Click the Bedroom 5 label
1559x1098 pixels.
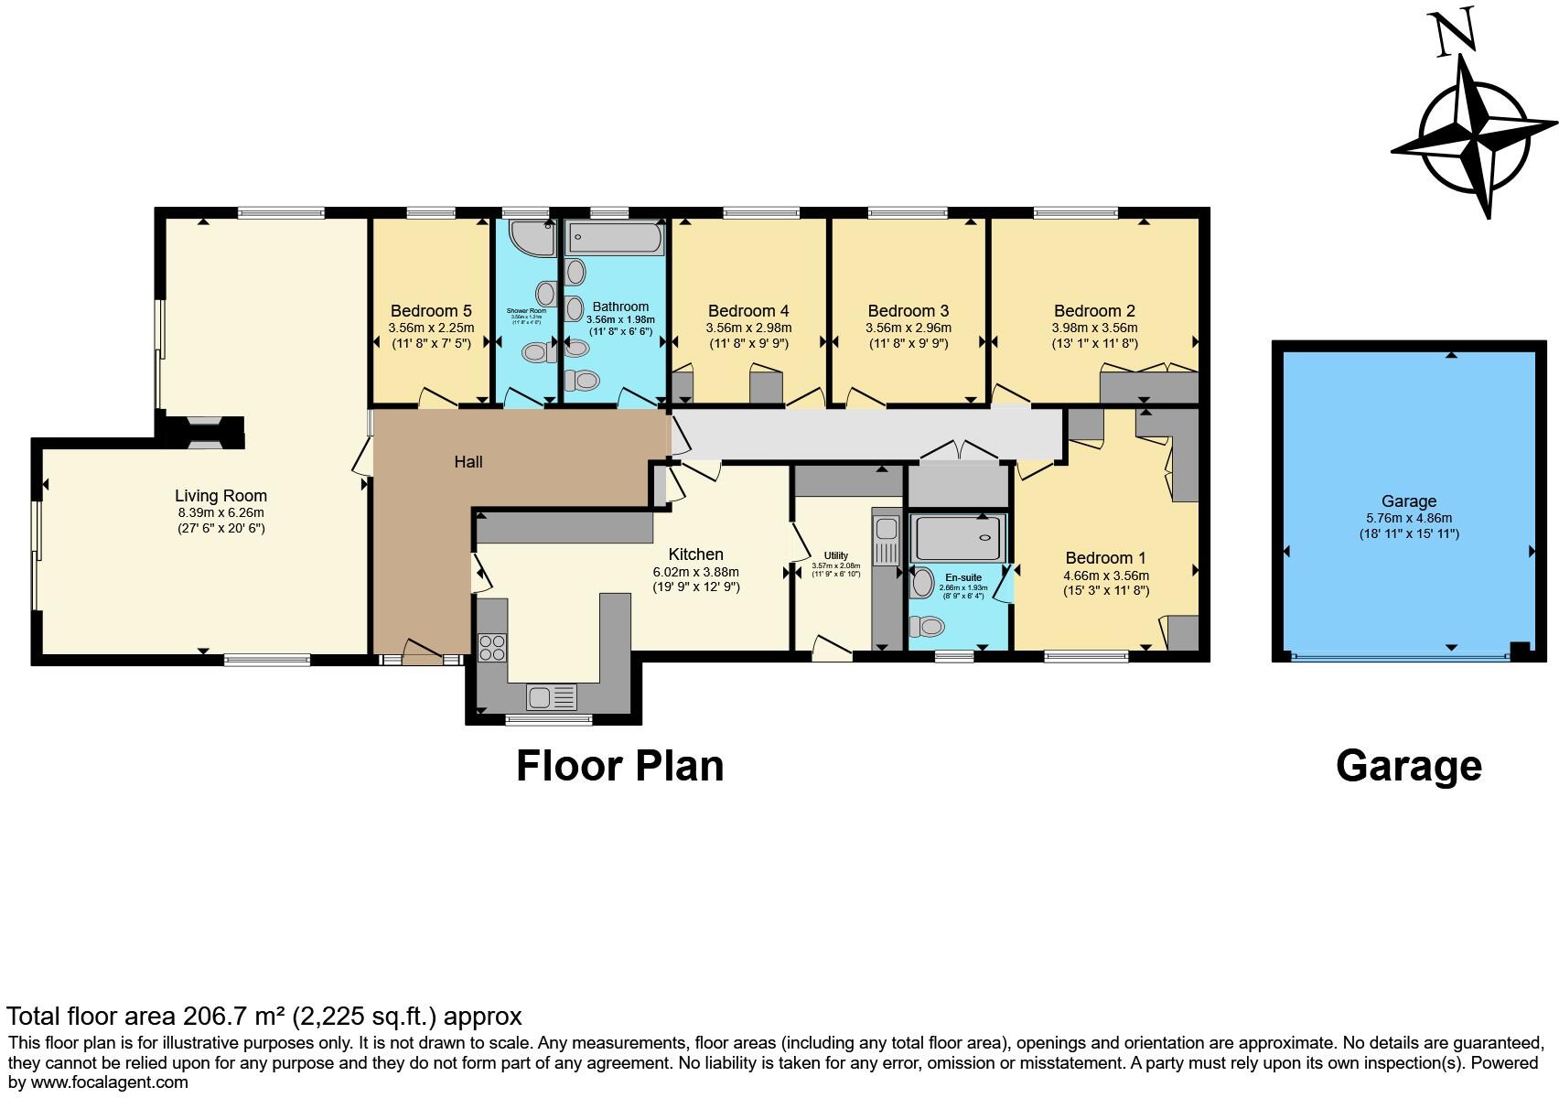[x=431, y=311]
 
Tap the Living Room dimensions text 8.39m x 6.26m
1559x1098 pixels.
[x=220, y=512]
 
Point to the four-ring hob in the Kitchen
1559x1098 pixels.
[x=492, y=647]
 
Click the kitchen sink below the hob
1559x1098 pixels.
[x=552, y=697]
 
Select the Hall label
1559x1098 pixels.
[x=468, y=462]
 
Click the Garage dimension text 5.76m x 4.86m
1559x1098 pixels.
[x=1409, y=518]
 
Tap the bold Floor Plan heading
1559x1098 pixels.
[x=619, y=766]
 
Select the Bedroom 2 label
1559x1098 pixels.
[x=1094, y=311]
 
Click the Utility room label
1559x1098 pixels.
[x=835, y=555]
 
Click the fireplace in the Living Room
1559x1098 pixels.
[x=199, y=432]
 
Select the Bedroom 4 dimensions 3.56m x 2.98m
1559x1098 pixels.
[x=748, y=328]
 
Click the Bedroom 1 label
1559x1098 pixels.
[x=1105, y=558]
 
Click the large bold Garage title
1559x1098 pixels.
[x=1408, y=766]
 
